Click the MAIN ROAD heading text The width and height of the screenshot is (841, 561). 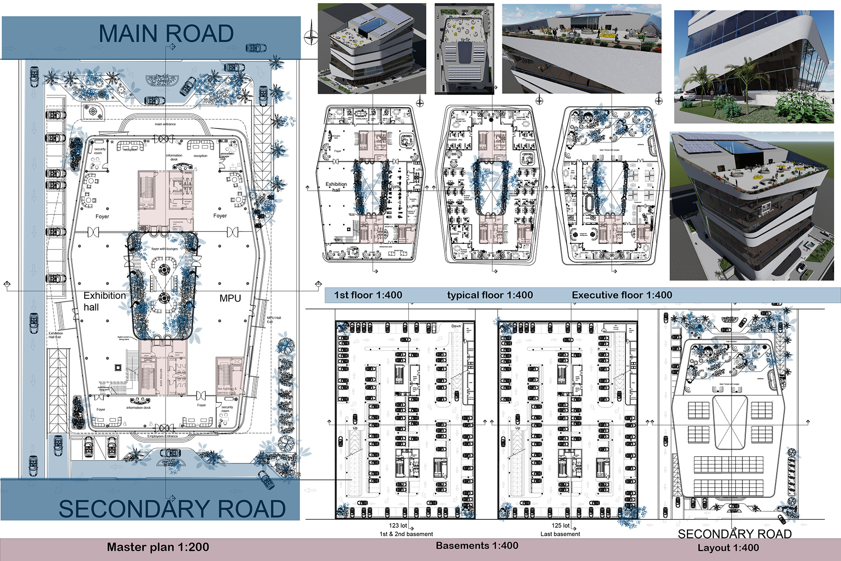tap(166, 34)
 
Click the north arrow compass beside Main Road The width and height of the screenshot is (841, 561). tap(311, 37)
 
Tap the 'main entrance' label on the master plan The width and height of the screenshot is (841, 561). tap(165, 124)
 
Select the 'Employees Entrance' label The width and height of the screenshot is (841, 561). tap(163, 436)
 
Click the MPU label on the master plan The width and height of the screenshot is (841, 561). tap(230, 298)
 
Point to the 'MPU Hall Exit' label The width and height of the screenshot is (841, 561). tap(274, 320)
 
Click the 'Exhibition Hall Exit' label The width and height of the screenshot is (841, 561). tap(55, 335)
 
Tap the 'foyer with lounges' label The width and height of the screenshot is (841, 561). tap(165, 249)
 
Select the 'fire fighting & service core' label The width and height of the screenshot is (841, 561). tap(227, 391)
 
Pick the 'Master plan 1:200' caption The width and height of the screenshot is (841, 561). tap(158, 547)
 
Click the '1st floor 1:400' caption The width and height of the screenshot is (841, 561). tap(368, 295)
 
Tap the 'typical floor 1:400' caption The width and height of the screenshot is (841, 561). tap(490, 295)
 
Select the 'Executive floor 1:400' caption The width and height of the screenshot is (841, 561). tap(622, 295)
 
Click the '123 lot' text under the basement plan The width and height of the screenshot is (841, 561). tap(398, 525)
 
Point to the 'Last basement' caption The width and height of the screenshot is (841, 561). tap(560, 534)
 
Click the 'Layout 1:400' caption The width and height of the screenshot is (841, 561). tap(728, 547)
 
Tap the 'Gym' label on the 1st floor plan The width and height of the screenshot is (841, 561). tap(394, 187)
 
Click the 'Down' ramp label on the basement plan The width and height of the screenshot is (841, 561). tap(456, 326)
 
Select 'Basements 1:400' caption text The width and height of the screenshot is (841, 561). tap(477, 546)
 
